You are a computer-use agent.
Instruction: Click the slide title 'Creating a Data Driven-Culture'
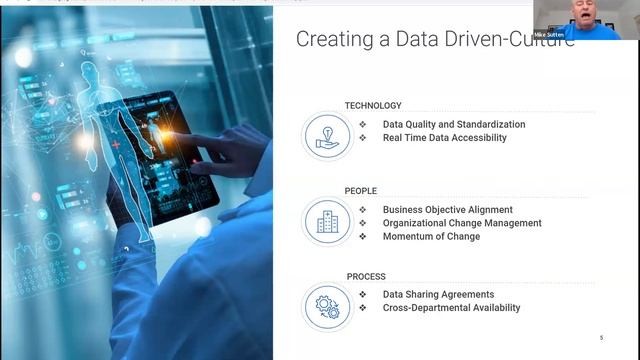tap(434, 39)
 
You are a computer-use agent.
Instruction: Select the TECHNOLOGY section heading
tap(373, 105)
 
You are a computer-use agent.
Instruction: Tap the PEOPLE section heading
tap(361, 190)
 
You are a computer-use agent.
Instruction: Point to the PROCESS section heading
tap(366, 276)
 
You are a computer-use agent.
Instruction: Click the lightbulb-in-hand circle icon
tap(327, 137)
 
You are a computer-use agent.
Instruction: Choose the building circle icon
tap(327, 222)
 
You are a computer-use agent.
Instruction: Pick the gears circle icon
tap(327, 307)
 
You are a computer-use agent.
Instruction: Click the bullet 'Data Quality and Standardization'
tap(453, 125)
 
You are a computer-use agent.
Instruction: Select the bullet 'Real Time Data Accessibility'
tap(444, 138)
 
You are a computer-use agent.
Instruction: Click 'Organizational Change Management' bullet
tap(462, 223)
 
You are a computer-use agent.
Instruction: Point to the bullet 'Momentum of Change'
tap(431, 236)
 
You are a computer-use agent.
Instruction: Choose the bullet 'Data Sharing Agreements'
tap(438, 294)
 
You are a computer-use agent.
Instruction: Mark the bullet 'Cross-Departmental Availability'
tap(451, 308)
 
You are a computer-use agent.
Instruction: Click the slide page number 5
tap(601, 338)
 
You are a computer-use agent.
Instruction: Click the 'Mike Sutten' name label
tap(549, 34)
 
